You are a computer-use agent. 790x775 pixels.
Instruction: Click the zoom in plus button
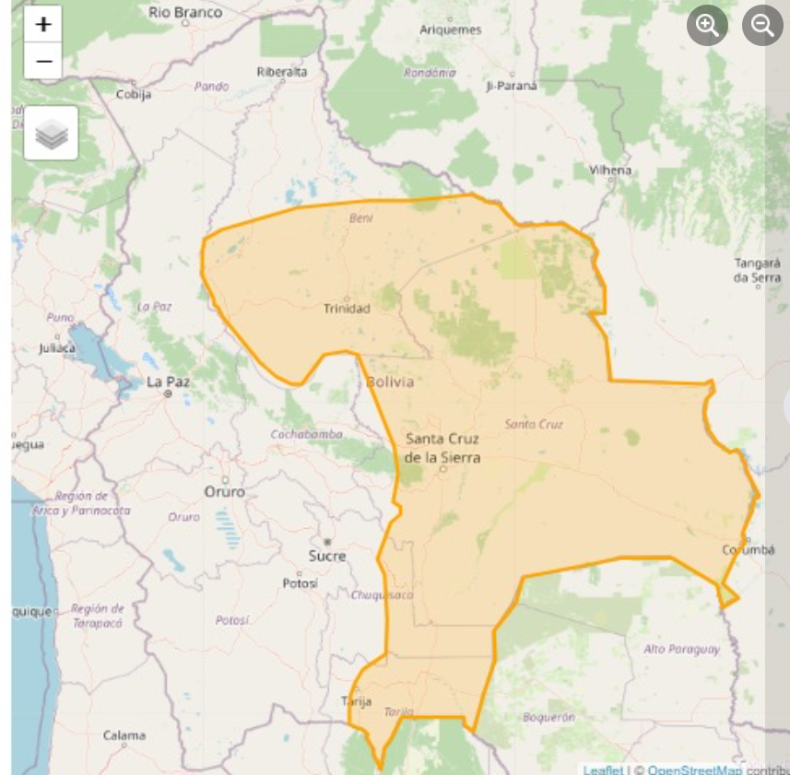pyautogui.click(x=43, y=25)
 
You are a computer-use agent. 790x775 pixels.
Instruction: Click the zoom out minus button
pyautogui.click(x=43, y=62)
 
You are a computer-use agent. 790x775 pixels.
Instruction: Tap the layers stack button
pyautogui.click(x=51, y=134)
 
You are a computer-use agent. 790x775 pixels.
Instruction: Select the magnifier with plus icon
pyautogui.click(x=707, y=26)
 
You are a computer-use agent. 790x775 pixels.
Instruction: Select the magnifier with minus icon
pyautogui.click(x=762, y=26)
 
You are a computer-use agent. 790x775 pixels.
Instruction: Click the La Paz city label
pyautogui.click(x=168, y=381)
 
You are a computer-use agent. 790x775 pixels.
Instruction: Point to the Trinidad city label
pyautogui.click(x=347, y=308)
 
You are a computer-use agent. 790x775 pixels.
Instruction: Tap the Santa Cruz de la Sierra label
pyautogui.click(x=442, y=447)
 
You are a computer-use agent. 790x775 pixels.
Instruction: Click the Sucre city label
pyautogui.click(x=327, y=556)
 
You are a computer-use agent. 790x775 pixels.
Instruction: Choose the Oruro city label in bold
pyautogui.click(x=225, y=492)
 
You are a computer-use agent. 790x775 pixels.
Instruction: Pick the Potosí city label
pyautogui.click(x=300, y=583)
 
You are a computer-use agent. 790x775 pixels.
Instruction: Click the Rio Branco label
pyautogui.click(x=185, y=12)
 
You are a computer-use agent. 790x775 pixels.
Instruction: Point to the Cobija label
pyautogui.click(x=134, y=94)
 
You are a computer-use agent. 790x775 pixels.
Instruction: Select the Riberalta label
pyautogui.click(x=282, y=71)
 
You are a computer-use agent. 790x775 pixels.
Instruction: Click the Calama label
pyautogui.click(x=124, y=735)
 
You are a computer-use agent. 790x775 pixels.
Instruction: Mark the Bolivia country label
pyautogui.click(x=390, y=382)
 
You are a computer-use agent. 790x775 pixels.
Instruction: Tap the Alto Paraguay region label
pyautogui.click(x=682, y=649)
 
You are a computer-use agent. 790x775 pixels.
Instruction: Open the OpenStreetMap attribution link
pyautogui.click(x=693, y=769)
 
